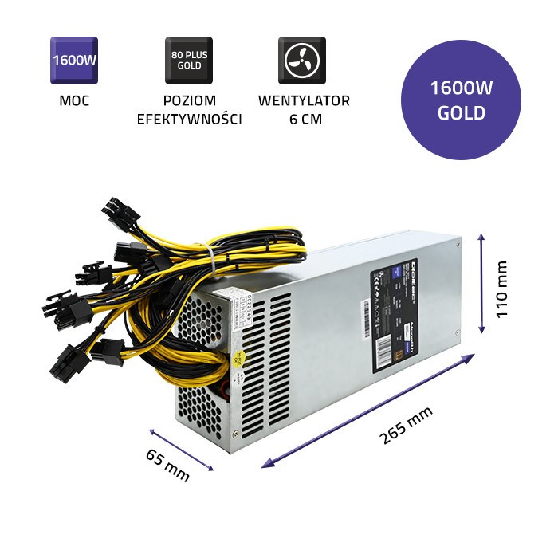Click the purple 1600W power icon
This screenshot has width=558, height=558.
pos(74,61)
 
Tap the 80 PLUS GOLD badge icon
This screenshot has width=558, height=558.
pos(188,61)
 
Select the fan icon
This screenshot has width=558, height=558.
pos(302,61)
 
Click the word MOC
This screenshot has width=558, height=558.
pos(74,101)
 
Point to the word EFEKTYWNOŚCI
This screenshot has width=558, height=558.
pos(189,120)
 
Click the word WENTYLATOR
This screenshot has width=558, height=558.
pos(304,101)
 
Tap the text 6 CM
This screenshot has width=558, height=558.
pos(304,120)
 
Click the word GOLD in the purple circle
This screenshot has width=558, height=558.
pos(462,113)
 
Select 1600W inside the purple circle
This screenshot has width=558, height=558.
pos(462,89)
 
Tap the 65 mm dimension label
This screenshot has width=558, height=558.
pos(167,465)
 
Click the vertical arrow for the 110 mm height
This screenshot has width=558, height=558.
pos(481,283)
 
